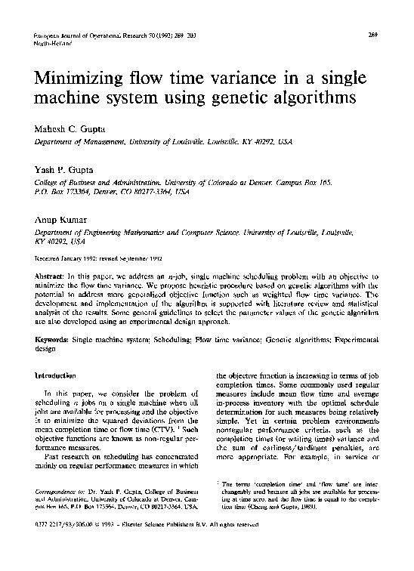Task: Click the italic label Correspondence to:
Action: (63, 491)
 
